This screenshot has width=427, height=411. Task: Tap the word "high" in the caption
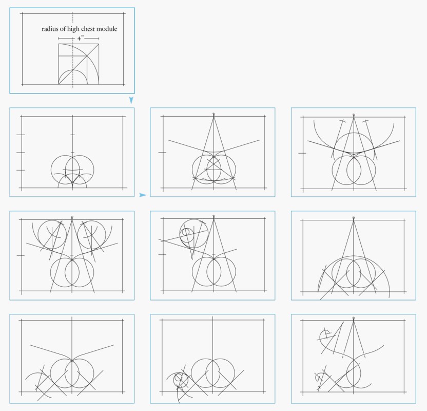point(73,29)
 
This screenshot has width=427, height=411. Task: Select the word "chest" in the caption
point(88,29)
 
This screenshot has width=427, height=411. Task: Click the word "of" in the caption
point(63,29)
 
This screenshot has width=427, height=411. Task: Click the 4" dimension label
point(80,38)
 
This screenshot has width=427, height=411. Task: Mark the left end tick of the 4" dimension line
point(59,39)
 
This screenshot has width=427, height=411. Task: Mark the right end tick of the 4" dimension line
point(99,39)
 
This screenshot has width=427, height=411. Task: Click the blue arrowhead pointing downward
point(131,100)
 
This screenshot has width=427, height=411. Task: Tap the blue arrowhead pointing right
point(143,195)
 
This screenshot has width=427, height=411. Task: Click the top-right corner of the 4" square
point(99,44)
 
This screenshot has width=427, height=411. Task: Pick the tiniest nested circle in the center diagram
point(186,232)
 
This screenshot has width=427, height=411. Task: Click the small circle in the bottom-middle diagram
point(179,378)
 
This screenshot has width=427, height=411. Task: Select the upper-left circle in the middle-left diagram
point(52,234)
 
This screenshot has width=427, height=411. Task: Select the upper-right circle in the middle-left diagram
point(92,234)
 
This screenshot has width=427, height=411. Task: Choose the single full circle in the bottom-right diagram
point(354,373)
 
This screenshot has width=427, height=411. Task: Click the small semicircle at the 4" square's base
point(73,70)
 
